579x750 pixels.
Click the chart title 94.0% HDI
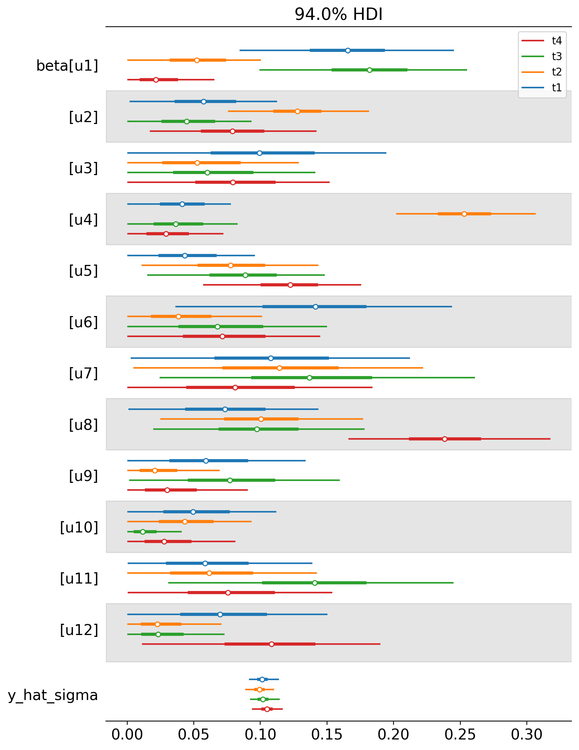pos(338,15)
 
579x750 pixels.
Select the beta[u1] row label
pos(67,66)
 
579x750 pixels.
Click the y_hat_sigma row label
pos(53,696)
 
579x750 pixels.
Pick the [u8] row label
pos(83,425)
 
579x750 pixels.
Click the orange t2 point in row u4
pos(464,214)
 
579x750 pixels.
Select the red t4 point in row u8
pos(445,439)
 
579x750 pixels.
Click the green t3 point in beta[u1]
pos(369,70)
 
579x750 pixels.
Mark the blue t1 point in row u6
pos(315,307)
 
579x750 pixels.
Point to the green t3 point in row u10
pos(143,532)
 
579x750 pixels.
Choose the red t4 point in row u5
pos(290,285)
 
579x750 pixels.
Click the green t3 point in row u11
pos(315,583)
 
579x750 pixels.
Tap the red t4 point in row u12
pos(271,644)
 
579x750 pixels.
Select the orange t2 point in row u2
pos(297,111)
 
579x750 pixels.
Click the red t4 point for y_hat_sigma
pos(267,709)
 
